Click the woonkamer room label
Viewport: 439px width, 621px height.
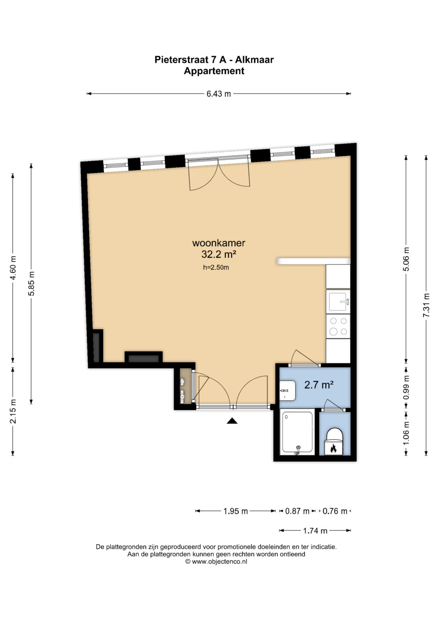coord(219,243)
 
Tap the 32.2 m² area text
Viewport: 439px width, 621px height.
coord(219,254)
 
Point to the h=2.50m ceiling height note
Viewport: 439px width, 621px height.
coord(216,268)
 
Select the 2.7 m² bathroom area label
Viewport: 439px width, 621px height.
coord(319,385)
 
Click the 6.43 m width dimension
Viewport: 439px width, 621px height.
coord(219,94)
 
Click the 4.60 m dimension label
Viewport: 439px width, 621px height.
coord(13,268)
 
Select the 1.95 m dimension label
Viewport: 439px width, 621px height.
coord(236,511)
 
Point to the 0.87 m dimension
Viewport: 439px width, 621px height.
coord(297,511)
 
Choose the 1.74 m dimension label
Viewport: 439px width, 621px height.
coord(315,531)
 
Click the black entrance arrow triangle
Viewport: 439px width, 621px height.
coord(232,421)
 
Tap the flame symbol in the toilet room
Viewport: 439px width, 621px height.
coord(333,448)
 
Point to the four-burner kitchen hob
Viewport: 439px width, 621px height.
coord(338,326)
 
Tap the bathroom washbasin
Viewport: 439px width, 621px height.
coord(287,391)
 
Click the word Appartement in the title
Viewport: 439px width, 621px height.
coord(214,71)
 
